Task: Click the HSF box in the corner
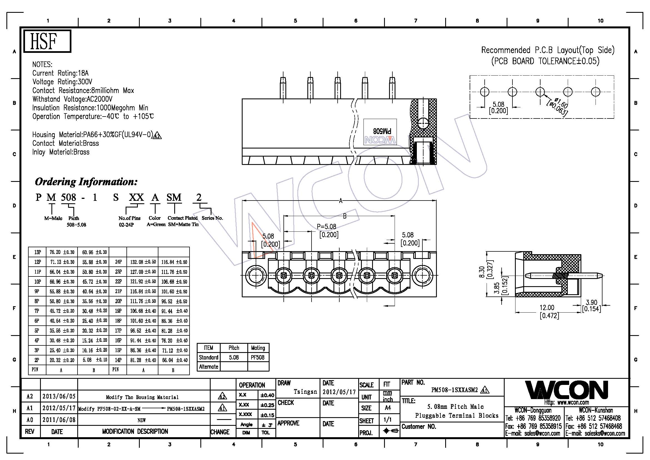[47, 41]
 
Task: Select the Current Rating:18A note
[60, 73]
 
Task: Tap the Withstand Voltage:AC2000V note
[72, 99]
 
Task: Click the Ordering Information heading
[86, 182]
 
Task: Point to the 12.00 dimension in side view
[547, 308]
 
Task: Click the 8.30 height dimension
[482, 272]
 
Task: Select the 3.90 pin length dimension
[591, 303]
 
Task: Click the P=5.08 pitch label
[327, 227]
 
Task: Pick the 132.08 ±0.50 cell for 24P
[143, 262]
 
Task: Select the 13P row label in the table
[37, 252]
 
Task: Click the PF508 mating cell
[258, 357]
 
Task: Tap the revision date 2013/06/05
[59, 396]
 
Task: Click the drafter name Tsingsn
[305, 392]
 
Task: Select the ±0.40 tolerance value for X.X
[267, 395]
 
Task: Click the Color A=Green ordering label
[155, 221]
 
